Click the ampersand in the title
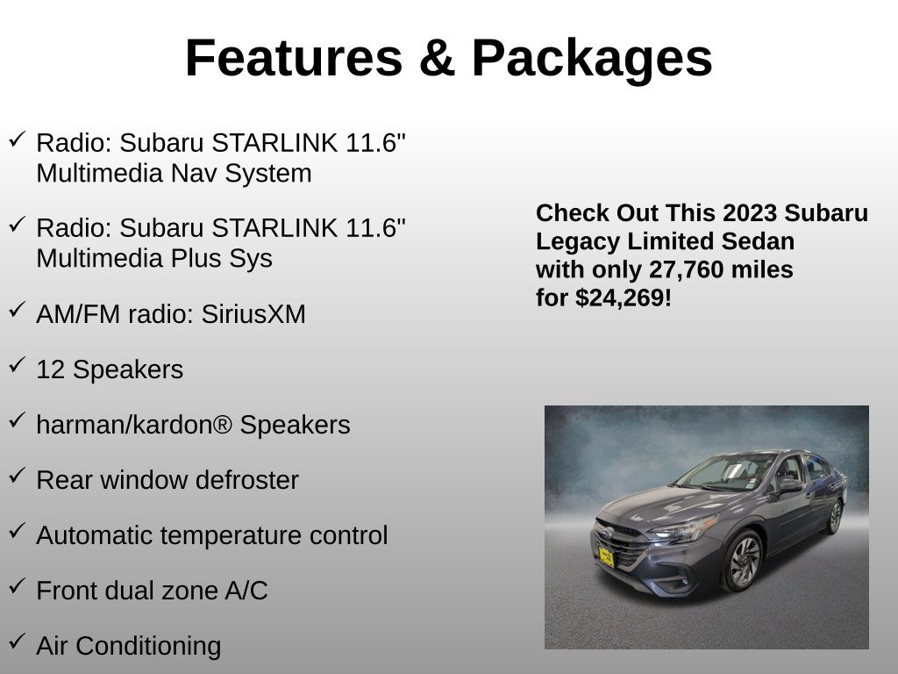pyautogui.click(x=438, y=58)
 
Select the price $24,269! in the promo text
pyautogui.click(x=624, y=298)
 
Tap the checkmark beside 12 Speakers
pyautogui.click(x=17, y=364)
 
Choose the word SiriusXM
pyautogui.click(x=253, y=314)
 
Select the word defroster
pyautogui.click(x=246, y=480)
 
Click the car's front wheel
pyautogui.click(x=743, y=561)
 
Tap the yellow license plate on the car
pyautogui.click(x=606, y=556)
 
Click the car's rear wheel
pyautogui.click(x=835, y=516)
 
